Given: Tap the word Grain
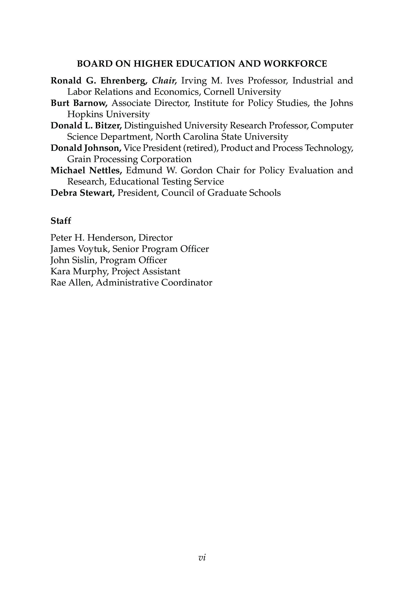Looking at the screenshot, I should click(x=79, y=159).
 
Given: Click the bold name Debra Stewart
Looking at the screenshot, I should click(x=82, y=193).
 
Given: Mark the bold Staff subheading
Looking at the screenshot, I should click(x=61, y=221).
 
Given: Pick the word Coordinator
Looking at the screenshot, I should click(x=187, y=283).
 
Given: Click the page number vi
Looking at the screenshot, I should click(x=202, y=558).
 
